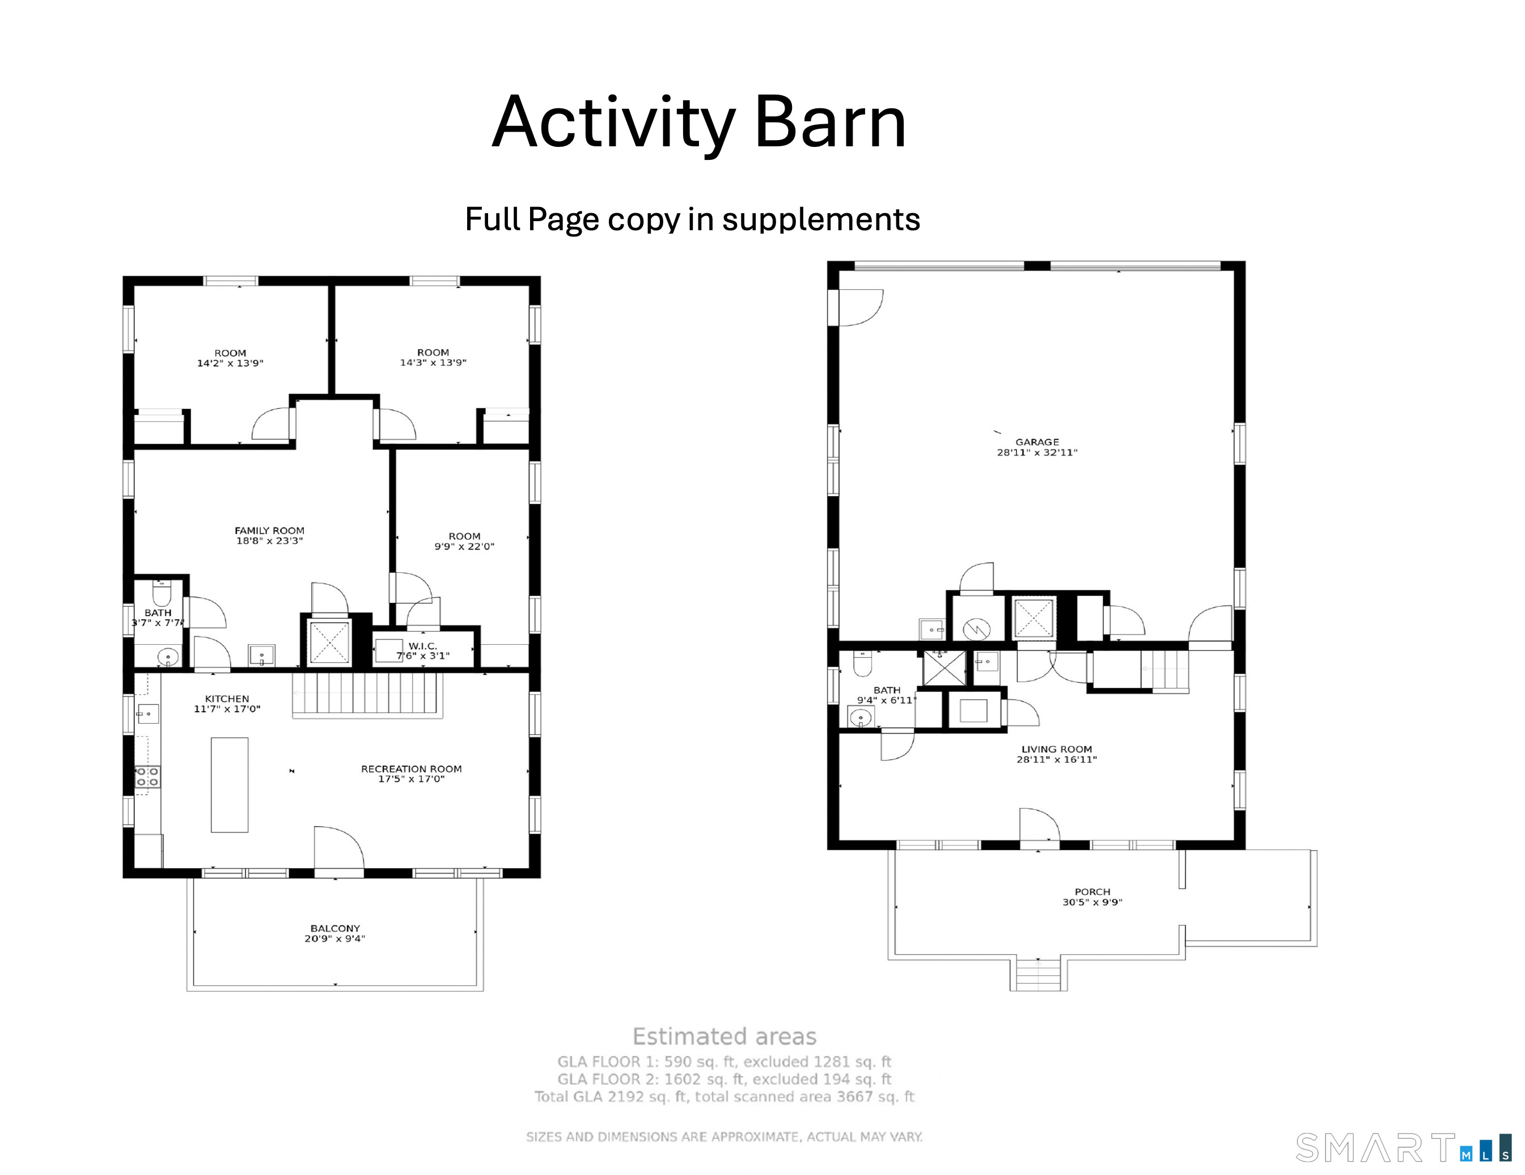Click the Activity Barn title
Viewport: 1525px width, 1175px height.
point(699,124)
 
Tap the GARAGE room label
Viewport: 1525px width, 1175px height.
point(1037,442)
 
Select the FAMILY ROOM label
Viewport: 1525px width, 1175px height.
point(269,531)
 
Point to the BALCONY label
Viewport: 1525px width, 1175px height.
point(335,928)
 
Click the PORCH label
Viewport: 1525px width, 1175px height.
point(1092,892)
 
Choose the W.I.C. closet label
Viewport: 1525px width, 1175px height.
point(422,646)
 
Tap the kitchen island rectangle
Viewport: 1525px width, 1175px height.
point(230,784)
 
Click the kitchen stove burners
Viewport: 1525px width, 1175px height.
point(147,777)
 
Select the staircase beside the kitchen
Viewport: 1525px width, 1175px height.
point(367,694)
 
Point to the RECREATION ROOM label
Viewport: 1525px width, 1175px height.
point(411,769)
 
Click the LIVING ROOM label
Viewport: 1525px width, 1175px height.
point(1057,750)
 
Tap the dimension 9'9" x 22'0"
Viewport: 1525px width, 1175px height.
point(464,546)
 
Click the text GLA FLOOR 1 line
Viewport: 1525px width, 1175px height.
point(724,1062)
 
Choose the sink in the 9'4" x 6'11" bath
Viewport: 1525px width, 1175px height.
point(861,717)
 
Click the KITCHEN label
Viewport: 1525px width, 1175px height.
point(227,699)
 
